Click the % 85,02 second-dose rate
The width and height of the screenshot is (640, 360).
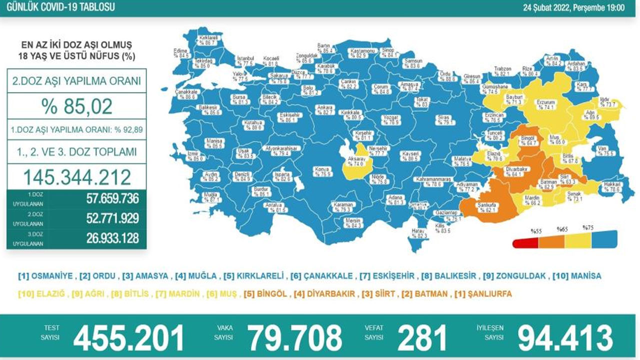click(x=76, y=106)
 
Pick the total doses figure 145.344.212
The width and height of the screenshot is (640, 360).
click(x=76, y=177)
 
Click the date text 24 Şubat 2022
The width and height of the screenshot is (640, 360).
click(x=545, y=7)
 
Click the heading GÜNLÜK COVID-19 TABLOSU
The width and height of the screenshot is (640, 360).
click(x=58, y=7)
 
